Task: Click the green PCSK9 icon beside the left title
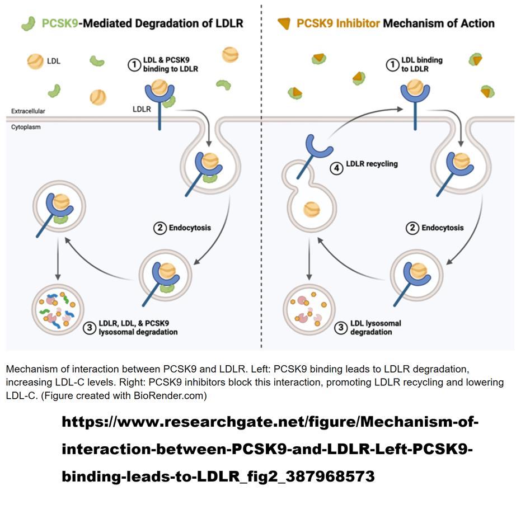(x=27, y=23)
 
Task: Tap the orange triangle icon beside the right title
(x=284, y=23)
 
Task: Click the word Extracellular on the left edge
(x=28, y=111)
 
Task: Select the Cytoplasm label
(x=26, y=128)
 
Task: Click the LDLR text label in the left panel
(x=142, y=109)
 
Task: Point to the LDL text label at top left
(x=54, y=61)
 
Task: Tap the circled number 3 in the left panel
(x=89, y=328)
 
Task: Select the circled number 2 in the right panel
(x=412, y=228)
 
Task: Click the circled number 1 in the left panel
(x=134, y=65)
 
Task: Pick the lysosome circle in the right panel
(x=308, y=309)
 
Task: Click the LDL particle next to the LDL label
(x=35, y=61)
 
